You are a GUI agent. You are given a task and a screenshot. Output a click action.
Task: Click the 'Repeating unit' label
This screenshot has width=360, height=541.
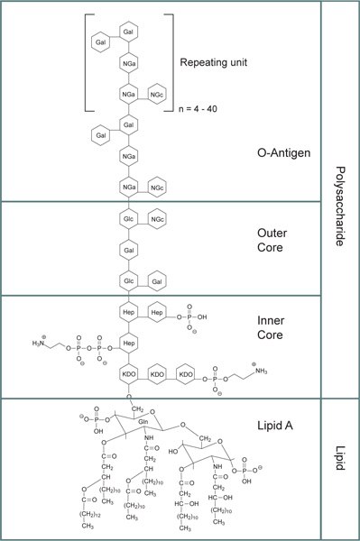[x=215, y=64]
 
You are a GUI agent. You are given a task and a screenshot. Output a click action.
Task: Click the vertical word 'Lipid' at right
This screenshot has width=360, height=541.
[x=340, y=468]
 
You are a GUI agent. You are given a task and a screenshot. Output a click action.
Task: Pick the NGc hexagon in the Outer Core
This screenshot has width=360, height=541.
[x=158, y=220]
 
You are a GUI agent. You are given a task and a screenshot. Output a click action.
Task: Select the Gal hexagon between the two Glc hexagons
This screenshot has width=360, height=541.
[x=129, y=250]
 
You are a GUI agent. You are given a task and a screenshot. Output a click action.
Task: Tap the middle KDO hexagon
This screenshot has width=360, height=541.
[x=157, y=373]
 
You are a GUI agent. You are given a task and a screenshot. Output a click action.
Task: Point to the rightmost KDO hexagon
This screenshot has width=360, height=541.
[x=186, y=373]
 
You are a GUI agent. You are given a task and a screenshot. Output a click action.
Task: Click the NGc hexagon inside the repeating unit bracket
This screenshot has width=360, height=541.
[x=158, y=95]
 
